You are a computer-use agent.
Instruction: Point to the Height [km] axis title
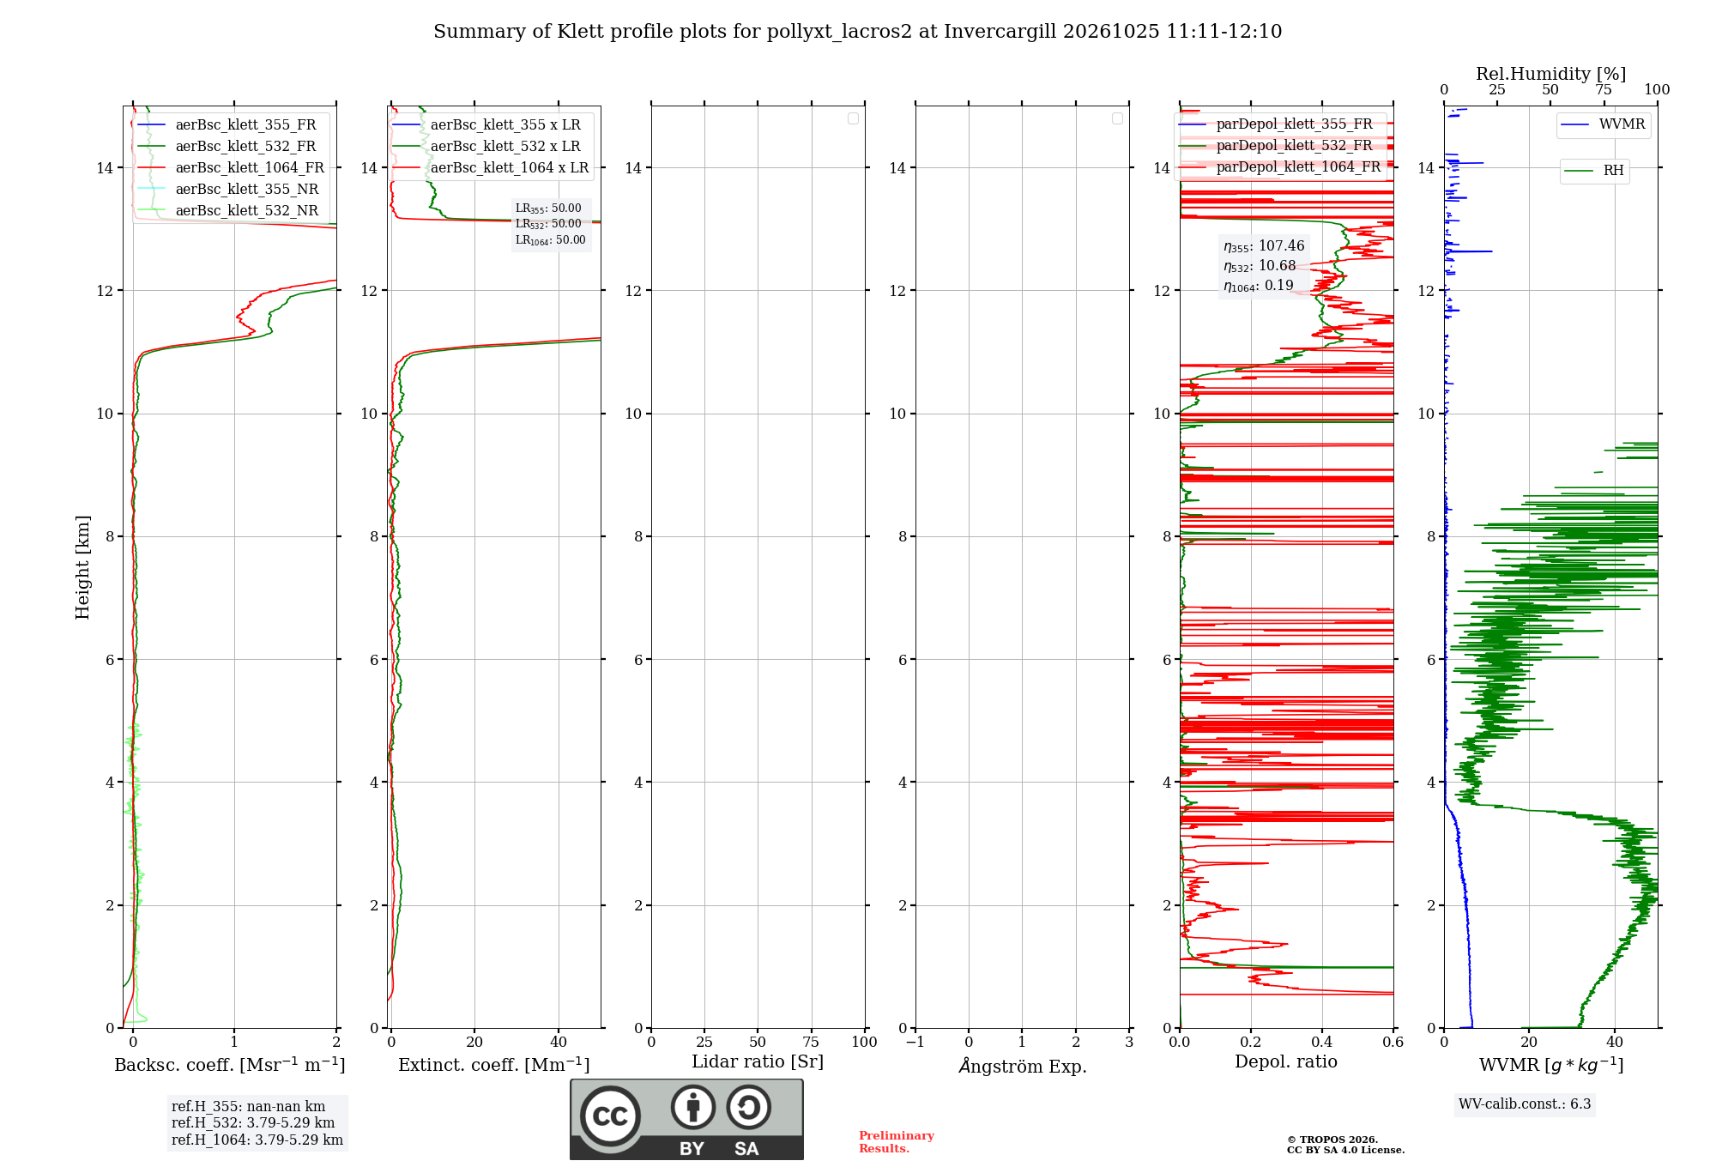click(x=82, y=567)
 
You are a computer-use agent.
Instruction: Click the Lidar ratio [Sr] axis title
click(x=758, y=1062)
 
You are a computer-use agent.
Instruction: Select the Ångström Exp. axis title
click(x=1023, y=1066)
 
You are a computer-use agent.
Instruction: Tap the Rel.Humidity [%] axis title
click(x=1550, y=74)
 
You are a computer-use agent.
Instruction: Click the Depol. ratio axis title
click(x=1286, y=1062)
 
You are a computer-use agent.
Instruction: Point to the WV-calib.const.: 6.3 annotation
click(x=1525, y=1104)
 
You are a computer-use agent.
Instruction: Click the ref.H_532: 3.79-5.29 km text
click(x=253, y=1123)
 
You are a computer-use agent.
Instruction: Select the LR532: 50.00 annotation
click(x=548, y=224)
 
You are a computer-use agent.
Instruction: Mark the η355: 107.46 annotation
click(x=1264, y=246)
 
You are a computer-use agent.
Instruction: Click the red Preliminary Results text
click(x=897, y=1142)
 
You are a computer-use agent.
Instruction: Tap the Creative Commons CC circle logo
click(x=610, y=1116)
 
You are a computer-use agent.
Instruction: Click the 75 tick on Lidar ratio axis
click(x=811, y=1043)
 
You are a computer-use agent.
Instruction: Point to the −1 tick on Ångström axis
click(x=915, y=1043)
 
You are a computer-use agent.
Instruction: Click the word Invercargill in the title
click(x=1000, y=32)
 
